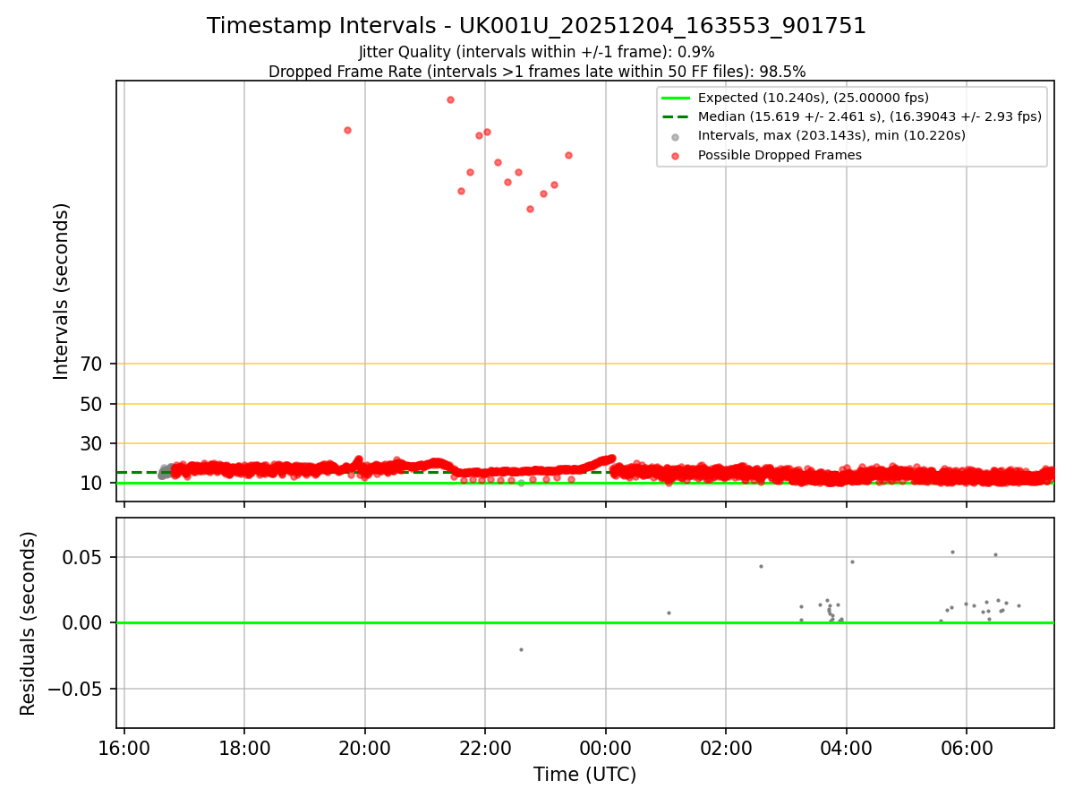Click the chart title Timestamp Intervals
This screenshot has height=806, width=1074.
(536, 26)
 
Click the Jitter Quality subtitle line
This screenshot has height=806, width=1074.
(536, 52)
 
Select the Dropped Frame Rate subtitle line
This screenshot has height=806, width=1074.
(536, 72)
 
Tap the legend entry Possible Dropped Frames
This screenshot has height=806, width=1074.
(779, 155)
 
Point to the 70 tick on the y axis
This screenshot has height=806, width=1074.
(92, 364)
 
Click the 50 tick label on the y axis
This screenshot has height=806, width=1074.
(92, 404)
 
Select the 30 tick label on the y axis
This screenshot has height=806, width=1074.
(92, 443)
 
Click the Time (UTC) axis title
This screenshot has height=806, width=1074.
(584, 775)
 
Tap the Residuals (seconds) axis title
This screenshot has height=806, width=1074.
(29, 623)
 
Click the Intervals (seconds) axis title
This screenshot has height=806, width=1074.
(61, 291)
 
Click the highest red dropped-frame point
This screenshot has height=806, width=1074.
(450, 99)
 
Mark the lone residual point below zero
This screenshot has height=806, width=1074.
(521, 649)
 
